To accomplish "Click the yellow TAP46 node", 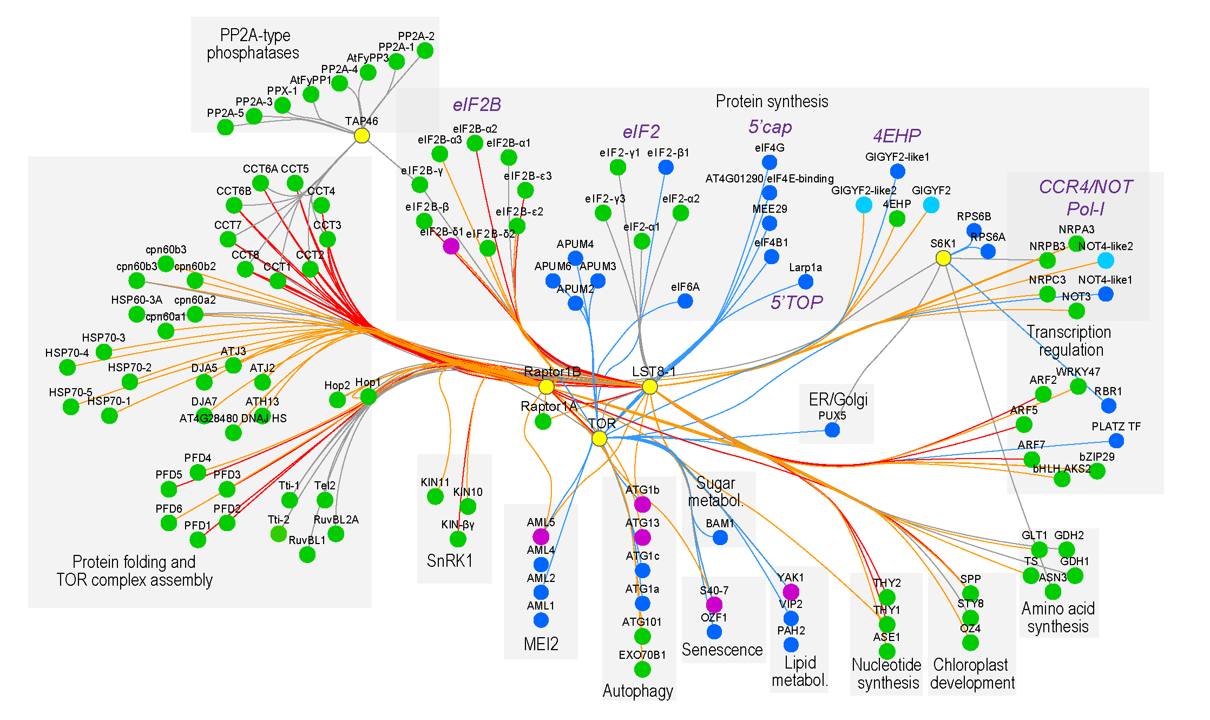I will pos(361,135).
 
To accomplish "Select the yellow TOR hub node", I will pos(599,438).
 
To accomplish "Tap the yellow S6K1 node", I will pos(943,258).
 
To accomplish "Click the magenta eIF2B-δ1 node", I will pos(451,246).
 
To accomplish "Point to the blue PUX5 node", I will pos(832,430).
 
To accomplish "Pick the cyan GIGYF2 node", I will pos(931,205).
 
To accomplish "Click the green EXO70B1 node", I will pos(642,670).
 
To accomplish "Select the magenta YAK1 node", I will pos(791,592).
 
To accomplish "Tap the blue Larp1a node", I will pos(806,282).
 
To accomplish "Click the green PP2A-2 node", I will pos(425,51).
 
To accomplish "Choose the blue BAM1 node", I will pos(720,538).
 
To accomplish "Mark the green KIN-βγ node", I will pos(458,539).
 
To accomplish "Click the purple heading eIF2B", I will pos(477,104).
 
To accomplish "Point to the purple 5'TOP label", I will pos(796,302).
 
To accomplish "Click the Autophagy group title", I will pos(637,691).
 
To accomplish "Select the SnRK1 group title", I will pos(450,561).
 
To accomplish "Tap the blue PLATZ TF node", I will pos(1116,441).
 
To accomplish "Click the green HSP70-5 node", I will pos(70,407).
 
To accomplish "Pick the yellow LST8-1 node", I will pos(649,387).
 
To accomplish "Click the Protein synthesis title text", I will pos(771,101).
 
